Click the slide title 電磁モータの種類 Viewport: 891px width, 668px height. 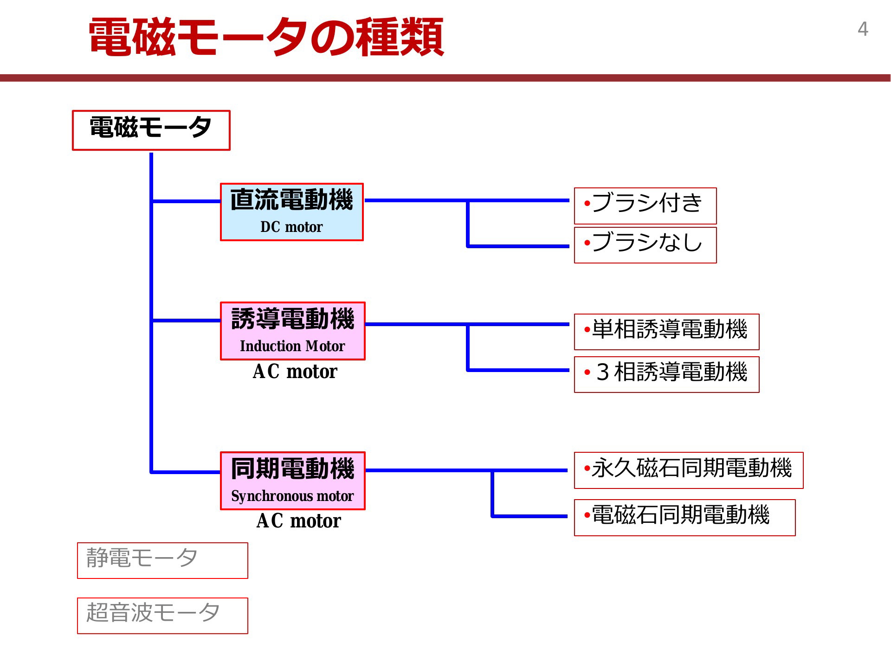tap(266, 37)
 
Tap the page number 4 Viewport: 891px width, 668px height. tap(863, 29)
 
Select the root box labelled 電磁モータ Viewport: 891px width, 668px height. tap(151, 130)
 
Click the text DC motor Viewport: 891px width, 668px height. tap(291, 227)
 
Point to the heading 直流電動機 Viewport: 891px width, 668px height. tap(291, 200)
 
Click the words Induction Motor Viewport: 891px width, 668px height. tap(292, 346)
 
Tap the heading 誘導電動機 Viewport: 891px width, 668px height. tap(292, 319)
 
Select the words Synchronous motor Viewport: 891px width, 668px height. tap(292, 496)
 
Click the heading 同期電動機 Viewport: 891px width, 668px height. tap(292, 469)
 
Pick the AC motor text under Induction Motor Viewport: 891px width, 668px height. tap(295, 372)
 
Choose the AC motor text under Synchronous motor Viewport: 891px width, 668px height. tap(298, 521)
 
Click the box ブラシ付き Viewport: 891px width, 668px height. tap(646, 206)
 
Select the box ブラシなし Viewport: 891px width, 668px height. tap(646, 245)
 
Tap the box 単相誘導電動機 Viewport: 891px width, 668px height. tap(667, 332)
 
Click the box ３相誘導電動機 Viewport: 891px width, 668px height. tap(667, 374)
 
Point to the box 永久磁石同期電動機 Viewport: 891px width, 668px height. tap(689, 470)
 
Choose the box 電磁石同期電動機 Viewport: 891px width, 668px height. tap(685, 518)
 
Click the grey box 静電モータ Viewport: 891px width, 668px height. tap(162, 560)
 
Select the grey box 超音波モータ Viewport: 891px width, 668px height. tap(162, 616)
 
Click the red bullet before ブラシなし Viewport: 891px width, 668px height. tap(587, 243)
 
